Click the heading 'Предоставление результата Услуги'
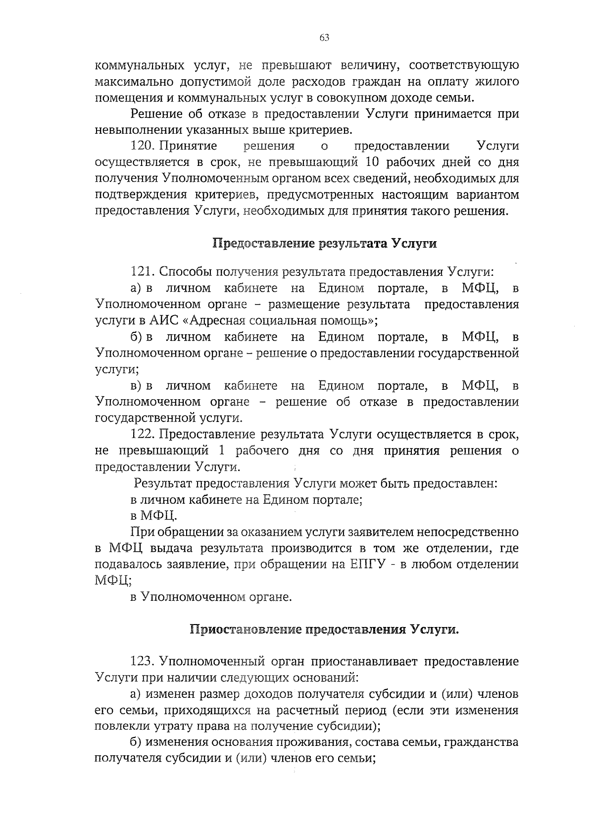(x=325, y=244)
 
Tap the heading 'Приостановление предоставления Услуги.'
(x=325, y=630)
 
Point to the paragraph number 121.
(x=144, y=272)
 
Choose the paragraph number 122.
(x=144, y=434)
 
